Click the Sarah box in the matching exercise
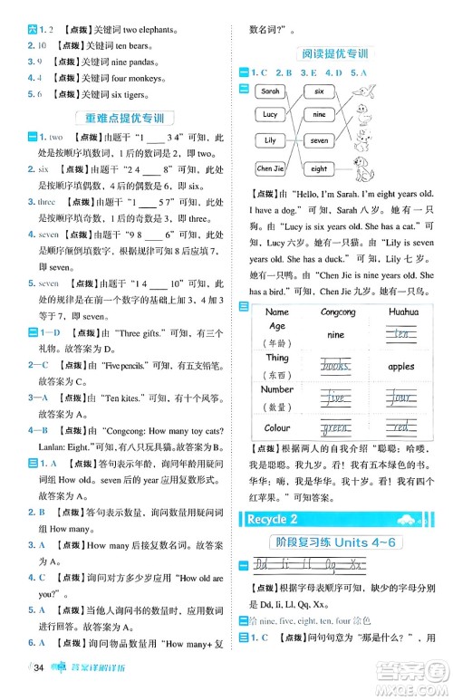270,91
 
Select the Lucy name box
270,115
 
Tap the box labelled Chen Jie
270,168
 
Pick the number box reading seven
319,141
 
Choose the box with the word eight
319,168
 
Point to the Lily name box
270,141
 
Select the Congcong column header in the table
338,311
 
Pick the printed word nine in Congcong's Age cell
335,334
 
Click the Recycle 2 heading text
269,519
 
